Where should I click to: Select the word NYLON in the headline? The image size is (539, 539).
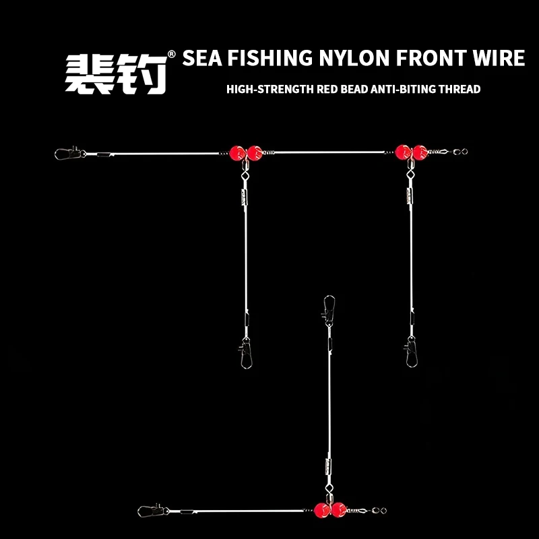(354, 58)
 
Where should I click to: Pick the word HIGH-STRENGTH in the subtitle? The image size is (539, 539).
(270, 90)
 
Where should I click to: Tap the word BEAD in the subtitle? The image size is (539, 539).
(354, 90)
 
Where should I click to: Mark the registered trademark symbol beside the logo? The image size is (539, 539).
(171, 55)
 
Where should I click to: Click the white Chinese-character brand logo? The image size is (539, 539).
(116, 74)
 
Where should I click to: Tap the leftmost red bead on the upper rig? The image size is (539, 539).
(237, 153)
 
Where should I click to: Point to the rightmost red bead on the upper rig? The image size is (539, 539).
(420, 152)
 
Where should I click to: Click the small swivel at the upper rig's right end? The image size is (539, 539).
(460, 151)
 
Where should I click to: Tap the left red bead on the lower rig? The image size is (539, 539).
(322, 510)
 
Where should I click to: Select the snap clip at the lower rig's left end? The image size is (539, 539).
(153, 511)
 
